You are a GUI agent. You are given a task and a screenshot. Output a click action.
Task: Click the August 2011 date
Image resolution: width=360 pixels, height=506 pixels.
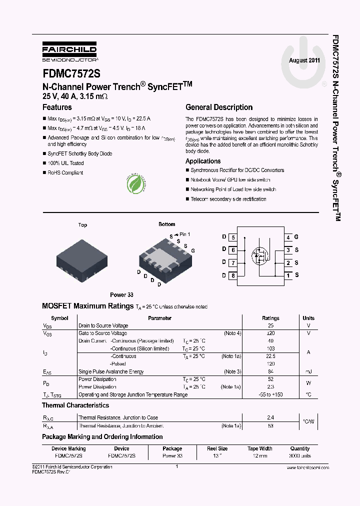(304, 60)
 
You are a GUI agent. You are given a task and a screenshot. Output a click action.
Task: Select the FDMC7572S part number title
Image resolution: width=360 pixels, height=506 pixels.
(71, 73)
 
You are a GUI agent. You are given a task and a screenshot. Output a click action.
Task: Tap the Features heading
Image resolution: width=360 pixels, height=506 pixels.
(57, 107)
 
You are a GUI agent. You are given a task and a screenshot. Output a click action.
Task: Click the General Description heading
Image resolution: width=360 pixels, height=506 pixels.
(219, 107)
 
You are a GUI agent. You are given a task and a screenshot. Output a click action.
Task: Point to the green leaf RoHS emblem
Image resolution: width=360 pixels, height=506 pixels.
(136, 183)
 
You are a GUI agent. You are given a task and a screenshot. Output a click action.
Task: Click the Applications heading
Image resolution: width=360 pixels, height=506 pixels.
(203, 161)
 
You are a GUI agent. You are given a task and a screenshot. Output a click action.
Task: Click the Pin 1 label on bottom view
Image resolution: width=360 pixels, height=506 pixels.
(184, 234)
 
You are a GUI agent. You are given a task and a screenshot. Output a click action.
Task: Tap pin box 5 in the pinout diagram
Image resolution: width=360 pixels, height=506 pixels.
(233, 237)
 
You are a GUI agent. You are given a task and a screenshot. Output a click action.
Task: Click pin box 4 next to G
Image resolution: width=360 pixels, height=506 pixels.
(288, 237)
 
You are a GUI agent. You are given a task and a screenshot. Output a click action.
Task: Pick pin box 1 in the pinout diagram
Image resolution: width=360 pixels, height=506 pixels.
(288, 275)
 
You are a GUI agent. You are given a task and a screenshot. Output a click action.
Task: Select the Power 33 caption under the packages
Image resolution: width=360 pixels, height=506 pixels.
(121, 295)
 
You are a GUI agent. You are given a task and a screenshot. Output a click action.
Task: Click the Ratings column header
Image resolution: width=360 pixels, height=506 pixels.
(270, 318)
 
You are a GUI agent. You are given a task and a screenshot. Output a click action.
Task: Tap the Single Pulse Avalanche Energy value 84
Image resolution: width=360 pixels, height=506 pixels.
(270, 371)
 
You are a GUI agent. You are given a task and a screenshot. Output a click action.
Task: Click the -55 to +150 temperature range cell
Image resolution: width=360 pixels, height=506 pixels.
(270, 394)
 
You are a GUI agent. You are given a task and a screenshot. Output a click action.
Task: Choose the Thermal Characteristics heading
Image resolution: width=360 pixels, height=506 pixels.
(75, 405)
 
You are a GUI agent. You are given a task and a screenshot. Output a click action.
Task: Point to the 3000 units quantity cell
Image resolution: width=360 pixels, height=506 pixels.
(300, 456)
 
